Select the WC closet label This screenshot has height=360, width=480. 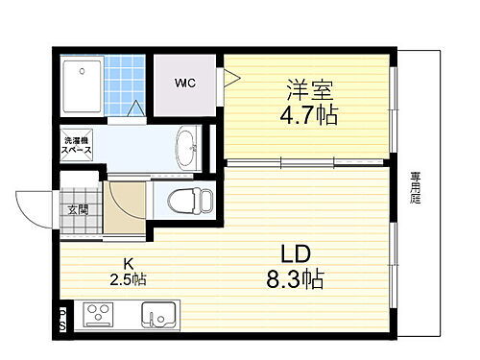[185, 82]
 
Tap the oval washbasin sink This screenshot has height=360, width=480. [186, 147]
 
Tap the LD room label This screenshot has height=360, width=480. [297, 254]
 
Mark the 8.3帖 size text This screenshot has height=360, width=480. [297, 280]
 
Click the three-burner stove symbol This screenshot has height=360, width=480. [99, 315]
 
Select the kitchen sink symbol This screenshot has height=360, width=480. [159, 315]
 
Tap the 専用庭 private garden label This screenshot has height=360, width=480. [416, 188]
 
